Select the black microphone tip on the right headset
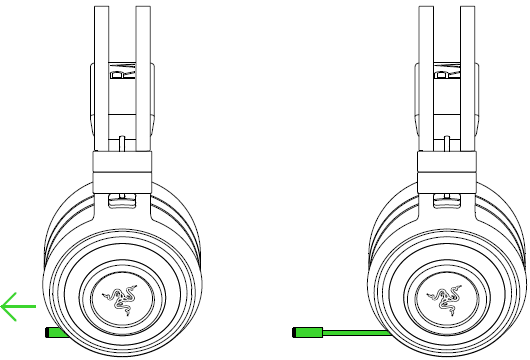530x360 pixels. tap(296, 329)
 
